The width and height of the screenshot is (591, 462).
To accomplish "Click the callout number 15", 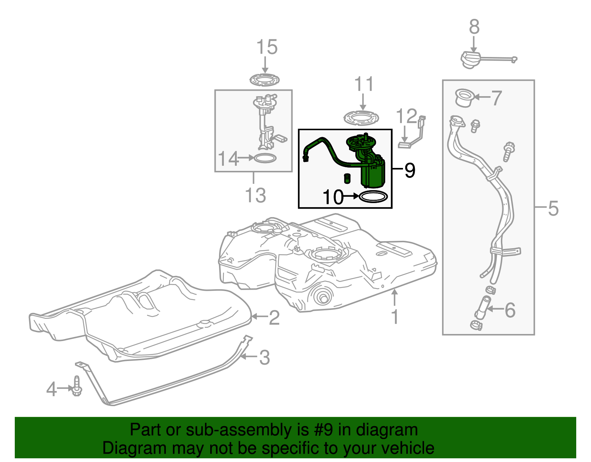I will click(x=267, y=47).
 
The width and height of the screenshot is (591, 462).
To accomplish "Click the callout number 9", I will click(x=410, y=170).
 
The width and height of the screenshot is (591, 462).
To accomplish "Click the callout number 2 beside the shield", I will click(x=274, y=318).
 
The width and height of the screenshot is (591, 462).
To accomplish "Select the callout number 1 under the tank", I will click(x=395, y=317).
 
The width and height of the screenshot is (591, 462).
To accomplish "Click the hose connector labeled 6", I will click(x=482, y=308).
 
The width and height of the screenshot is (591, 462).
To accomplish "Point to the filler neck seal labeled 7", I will click(x=464, y=98).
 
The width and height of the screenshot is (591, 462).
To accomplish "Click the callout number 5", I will click(x=553, y=208).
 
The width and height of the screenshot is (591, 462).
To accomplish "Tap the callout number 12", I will click(x=406, y=116).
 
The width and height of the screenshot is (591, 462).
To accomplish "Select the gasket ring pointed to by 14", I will click(x=265, y=159).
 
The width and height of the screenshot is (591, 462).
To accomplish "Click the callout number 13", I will click(x=255, y=195).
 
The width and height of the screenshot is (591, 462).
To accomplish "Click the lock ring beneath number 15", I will click(x=264, y=80).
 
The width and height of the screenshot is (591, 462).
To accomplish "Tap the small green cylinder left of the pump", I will click(x=347, y=178).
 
